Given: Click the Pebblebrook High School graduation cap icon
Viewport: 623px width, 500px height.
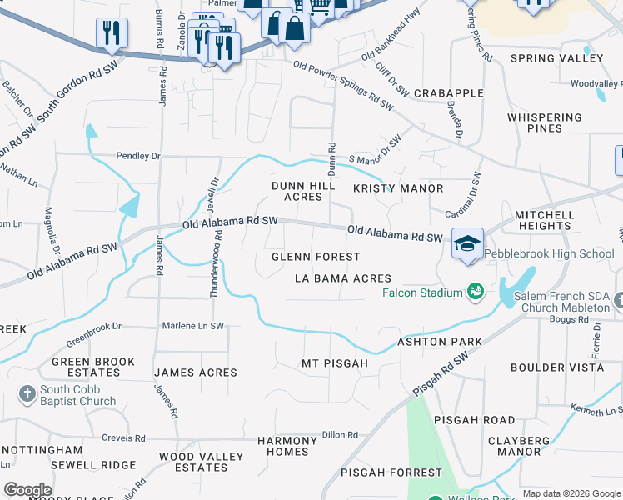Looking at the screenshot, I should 467,242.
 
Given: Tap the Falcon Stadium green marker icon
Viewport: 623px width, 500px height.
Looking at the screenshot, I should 476,292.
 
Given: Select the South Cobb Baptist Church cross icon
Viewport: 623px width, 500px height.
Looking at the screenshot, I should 26,393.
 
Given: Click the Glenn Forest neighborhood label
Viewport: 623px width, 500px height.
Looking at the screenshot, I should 316,257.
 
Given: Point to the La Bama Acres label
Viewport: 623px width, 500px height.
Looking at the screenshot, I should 342,278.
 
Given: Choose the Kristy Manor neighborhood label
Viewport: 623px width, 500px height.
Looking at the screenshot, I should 398,188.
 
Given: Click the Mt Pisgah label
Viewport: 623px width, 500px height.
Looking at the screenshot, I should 334,363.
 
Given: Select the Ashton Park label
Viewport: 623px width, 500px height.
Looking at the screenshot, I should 440,342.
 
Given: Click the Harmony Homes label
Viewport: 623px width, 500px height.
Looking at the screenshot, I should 287,446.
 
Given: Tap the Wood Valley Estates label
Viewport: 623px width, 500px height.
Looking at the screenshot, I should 201,462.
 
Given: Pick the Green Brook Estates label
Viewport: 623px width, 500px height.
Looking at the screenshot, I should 92,367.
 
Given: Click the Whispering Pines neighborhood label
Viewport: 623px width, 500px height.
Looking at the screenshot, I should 546,122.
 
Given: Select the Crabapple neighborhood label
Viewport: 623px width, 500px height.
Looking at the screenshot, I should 448,92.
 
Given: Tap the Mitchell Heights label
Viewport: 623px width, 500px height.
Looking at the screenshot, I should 544,220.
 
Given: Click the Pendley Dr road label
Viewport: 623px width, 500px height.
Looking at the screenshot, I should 138,156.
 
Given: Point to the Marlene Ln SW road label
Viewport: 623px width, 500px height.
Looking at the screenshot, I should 193,326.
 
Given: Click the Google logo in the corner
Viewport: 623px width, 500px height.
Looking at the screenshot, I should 27,490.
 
